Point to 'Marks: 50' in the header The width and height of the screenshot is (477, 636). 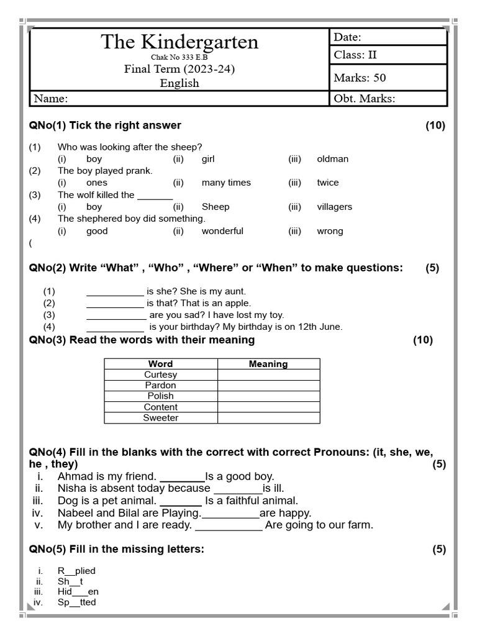(360, 78)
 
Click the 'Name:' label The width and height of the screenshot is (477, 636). (51, 98)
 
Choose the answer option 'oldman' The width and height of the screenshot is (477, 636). (332, 159)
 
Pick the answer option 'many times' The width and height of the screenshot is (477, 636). (226, 183)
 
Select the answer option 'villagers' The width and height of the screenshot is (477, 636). (334, 207)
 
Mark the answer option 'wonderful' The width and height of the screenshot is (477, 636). (222, 231)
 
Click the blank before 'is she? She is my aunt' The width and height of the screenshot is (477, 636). (115, 291)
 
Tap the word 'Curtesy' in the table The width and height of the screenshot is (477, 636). (160, 375)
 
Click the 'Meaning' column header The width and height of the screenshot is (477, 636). (268, 364)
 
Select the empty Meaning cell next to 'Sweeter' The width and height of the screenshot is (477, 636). (268, 418)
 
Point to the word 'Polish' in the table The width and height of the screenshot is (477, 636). (160, 396)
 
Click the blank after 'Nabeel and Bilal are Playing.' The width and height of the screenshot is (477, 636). (230, 514)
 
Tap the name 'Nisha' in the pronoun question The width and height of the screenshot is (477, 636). (71, 489)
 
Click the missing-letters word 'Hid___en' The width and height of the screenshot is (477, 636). (78, 592)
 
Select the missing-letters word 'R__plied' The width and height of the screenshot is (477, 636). (76, 571)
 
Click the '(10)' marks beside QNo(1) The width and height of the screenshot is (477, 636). (435, 125)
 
